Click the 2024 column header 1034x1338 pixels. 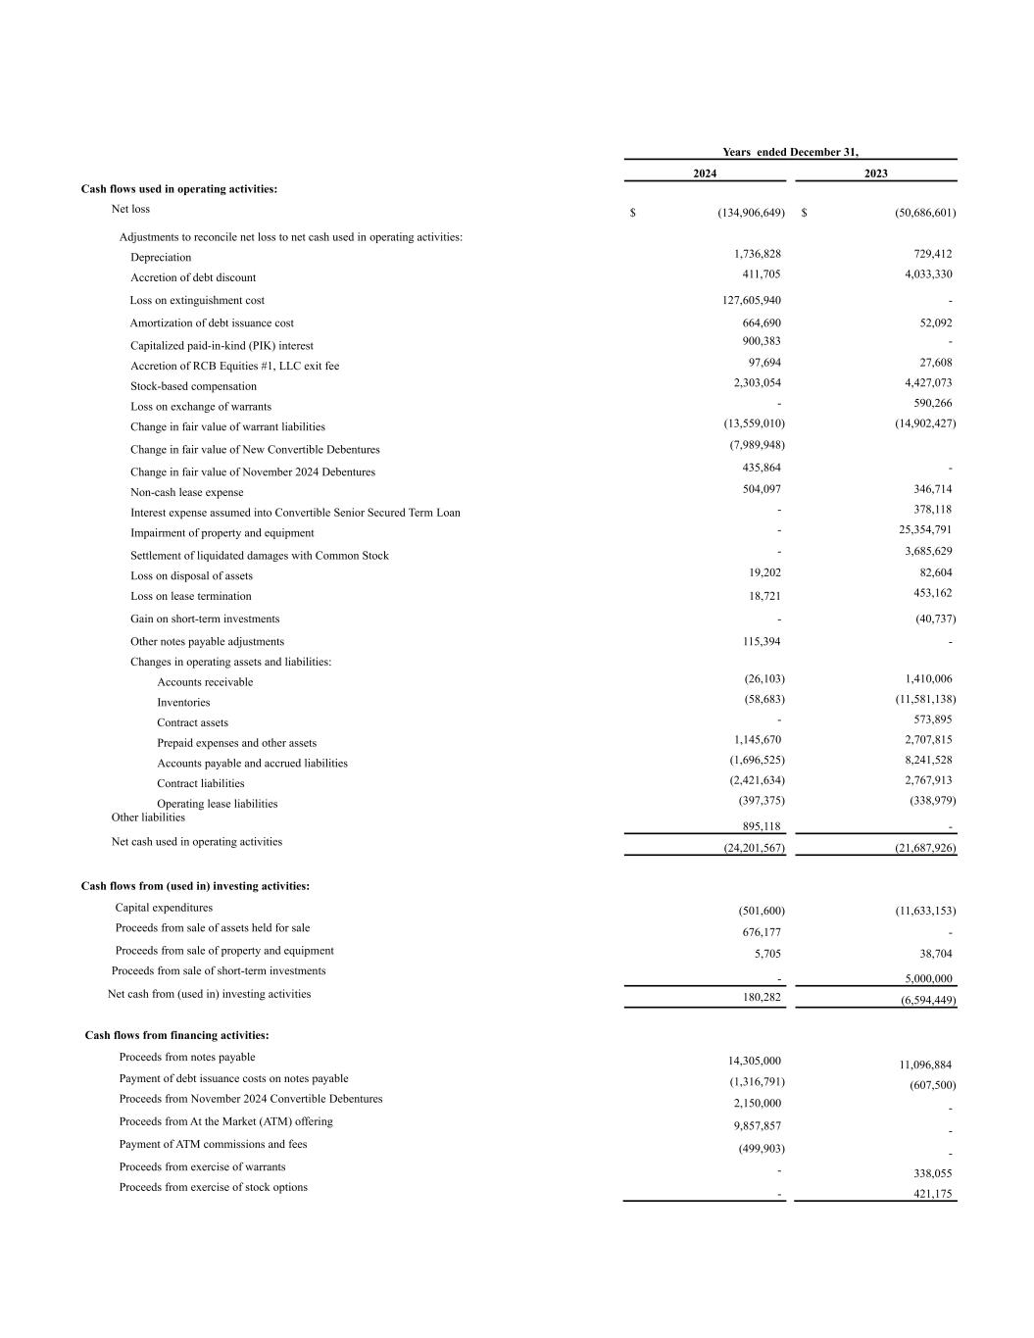pyautogui.click(x=705, y=173)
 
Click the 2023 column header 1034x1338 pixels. pyautogui.click(x=875, y=173)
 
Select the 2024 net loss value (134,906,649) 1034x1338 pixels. pyautogui.click(x=751, y=213)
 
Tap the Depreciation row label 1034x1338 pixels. pyautogui.click(x=161, y=258)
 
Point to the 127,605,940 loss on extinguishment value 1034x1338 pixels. pyautogui.click(x=745, y=301)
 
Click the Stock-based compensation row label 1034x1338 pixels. pyautogui.click(x=193, y=386)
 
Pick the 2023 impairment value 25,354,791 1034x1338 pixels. pyautogui.click(x=918, y=530)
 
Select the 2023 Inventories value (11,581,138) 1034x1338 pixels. pyautogui.click(x=918, y=700)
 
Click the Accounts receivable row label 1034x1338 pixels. pyautogui.click(x=205, y=682)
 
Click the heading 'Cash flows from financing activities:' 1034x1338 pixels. pyautogui.click(x=176, y=1035)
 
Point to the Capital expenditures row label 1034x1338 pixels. pyautogui.click(x=164, y=908)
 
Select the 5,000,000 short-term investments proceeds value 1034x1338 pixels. pyautogui.click(x=928, y=979)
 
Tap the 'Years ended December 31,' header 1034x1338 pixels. pyautogui.click(x=790, y=152)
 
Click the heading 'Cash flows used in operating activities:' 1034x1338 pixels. pyautogui.click(x=178, y=189)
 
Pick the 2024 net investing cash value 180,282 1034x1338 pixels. pyautogui.click(x=762, y=998)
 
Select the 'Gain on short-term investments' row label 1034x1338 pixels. pyautogui.click(x=205, y=619)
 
